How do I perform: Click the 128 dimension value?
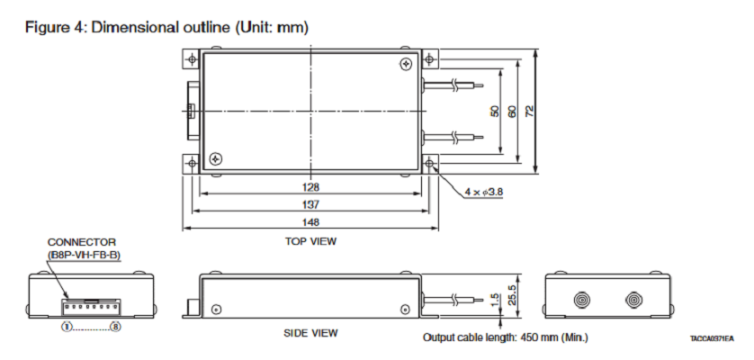(x=311, y=187)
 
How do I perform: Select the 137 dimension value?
(x=311, y=204)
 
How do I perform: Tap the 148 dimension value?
(x=311, y=221)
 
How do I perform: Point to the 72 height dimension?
(x=530, y=110)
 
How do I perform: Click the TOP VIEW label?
(x=311, y=240)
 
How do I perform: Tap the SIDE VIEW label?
(x=311, y=333)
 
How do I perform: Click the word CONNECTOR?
(x=82, y=242)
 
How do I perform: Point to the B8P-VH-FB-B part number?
(x=85, y=256)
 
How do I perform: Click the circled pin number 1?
(x=67, y=326)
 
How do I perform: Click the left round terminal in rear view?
(x=582, y=297)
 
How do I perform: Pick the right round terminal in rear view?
(x=635, y=297)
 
